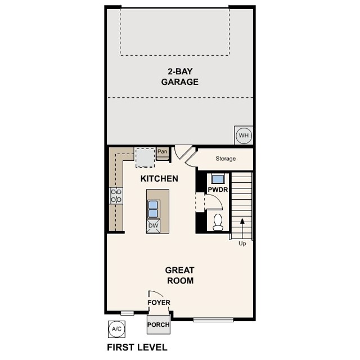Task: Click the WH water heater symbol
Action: pyautogui.click(x=243, y=136)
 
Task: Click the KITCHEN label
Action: pyautogui.click(x=159, y=179)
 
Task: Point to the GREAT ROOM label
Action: pyautogui.click(x=179, y=275)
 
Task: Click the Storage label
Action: pyautogui.click(x=226, y=159)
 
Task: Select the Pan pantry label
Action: pyautogui.click(x=163, y=152)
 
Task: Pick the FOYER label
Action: pyautogui.click(x=159, y=303)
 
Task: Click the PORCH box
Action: pyautogui.click(x=158, y=325)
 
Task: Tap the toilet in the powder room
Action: pyautogui.click(x=218, y=221)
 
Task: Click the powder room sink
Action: pyautogui.click(x=217, y=179)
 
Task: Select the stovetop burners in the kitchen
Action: pyautogui.click(x=116, y=196)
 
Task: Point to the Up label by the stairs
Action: pyautogui.click(x=242, y=244)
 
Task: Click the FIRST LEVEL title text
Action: pyautogui.click(x=137, y=347)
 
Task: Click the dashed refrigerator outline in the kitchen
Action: pyautogui.click(x=145, y=157)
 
